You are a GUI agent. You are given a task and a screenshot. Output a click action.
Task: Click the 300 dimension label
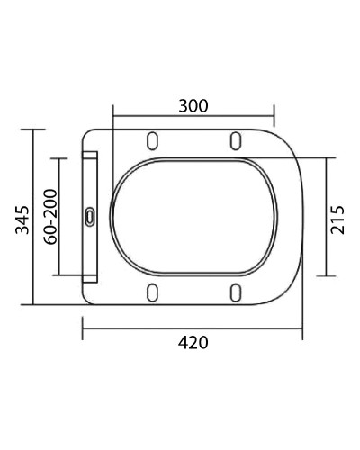pos(192,105)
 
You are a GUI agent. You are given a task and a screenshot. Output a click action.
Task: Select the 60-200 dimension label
pos(51,217)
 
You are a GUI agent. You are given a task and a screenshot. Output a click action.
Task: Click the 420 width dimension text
pos(193,342)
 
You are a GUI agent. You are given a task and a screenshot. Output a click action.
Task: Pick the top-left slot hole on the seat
pos(153,140)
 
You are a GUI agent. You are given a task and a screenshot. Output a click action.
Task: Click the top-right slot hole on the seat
pos(235,140)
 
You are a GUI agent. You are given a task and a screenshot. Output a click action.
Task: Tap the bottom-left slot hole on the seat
pos(153,292)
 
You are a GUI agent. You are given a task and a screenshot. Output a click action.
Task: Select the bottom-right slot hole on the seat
pos(235,292)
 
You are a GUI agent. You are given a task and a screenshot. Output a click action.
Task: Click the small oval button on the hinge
pos(90,216)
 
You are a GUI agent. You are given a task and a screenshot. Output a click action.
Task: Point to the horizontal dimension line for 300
pos(193,115)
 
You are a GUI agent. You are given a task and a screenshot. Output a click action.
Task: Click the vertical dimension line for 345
pos(35,217)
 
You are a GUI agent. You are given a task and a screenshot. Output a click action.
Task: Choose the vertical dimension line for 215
pos(326,217)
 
